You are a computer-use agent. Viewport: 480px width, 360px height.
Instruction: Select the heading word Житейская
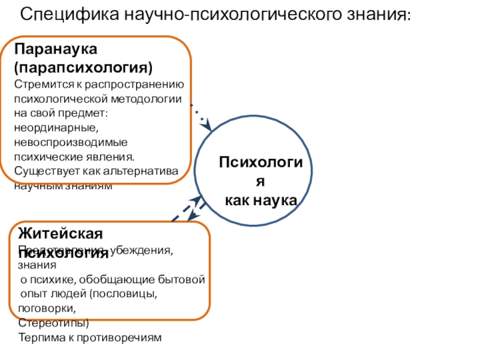click(60, 233)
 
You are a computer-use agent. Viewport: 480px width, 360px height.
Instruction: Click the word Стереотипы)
click(53, 323)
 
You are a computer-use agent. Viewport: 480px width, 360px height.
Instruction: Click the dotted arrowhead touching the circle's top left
click(208, 126)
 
